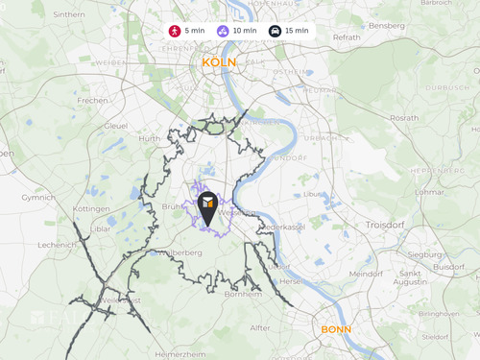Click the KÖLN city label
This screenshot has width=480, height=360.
pos(219,62)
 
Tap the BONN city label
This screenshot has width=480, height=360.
pos(336,329)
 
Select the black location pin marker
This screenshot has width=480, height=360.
pos(207,206)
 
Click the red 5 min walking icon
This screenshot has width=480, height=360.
pos(174,31)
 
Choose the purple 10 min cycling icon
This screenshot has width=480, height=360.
pos(223,31)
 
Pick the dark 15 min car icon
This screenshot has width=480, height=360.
pos(275,31)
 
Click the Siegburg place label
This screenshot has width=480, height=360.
pos(425,255)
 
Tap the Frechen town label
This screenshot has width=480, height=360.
pos(93,100)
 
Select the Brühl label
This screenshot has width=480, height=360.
pos(172,207)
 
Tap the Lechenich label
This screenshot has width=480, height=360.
pos(57,246)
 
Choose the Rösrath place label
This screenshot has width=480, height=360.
pos(403,118)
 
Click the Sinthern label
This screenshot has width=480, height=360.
pos(68,15)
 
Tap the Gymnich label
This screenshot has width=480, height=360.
pos(38,197)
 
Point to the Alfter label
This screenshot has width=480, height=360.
pos(260,327)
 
